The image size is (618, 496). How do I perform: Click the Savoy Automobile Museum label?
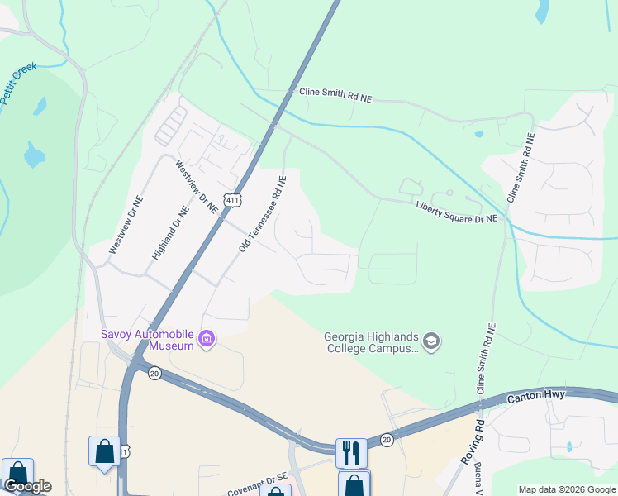tap(147, 340)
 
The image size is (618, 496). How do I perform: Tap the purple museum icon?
tap(207, 338)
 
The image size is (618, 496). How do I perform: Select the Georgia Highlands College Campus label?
tap(372, 341)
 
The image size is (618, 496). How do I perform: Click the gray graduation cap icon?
tap(430, 341)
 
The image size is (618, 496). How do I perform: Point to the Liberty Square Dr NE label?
tap(457, 212)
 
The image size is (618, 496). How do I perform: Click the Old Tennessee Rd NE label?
tap(263, 214)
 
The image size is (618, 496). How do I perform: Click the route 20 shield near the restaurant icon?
tap(386, 441)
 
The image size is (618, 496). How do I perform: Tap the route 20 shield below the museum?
tap(154, 374)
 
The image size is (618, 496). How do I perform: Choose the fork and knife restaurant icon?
tap(351, 451)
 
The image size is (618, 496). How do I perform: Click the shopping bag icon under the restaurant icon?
tap(354, 484)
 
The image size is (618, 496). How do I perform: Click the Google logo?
tap(27, 487)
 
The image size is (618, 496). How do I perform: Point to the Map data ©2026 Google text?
tap(567, 489)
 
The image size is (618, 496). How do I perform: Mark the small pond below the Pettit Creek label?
tap(34, 155)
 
